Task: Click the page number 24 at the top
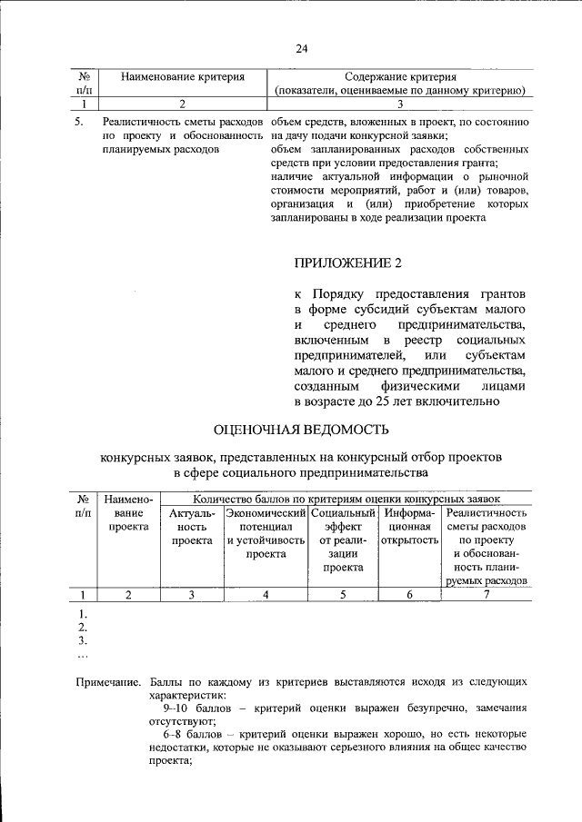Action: coord(301,49)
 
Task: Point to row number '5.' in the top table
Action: coord(80,121)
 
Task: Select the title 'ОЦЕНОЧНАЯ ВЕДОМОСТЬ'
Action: coord(300,429)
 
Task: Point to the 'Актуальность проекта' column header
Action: coord(192,527)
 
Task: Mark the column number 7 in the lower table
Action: coord(487,595)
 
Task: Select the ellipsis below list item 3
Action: coord(83,653)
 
